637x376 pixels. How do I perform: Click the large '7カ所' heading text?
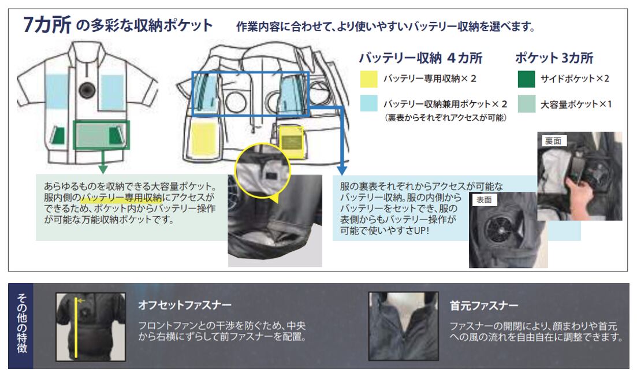pos(47,26)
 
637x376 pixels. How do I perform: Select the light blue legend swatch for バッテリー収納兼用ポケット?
pos(368,103)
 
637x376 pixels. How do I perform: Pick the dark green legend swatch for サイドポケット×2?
pos(526,79)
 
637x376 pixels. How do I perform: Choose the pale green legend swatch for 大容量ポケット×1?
pos(526,103)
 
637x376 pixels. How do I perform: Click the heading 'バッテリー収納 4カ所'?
pos(420,58)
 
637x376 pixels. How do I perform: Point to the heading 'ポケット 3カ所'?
pos(554,58)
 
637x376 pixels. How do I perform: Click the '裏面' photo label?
pos(552,140)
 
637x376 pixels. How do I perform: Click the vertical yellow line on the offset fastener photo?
pos(76,329)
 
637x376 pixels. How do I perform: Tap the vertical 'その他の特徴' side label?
pos(21,325)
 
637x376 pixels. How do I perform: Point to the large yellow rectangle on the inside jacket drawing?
pos(203,139)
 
